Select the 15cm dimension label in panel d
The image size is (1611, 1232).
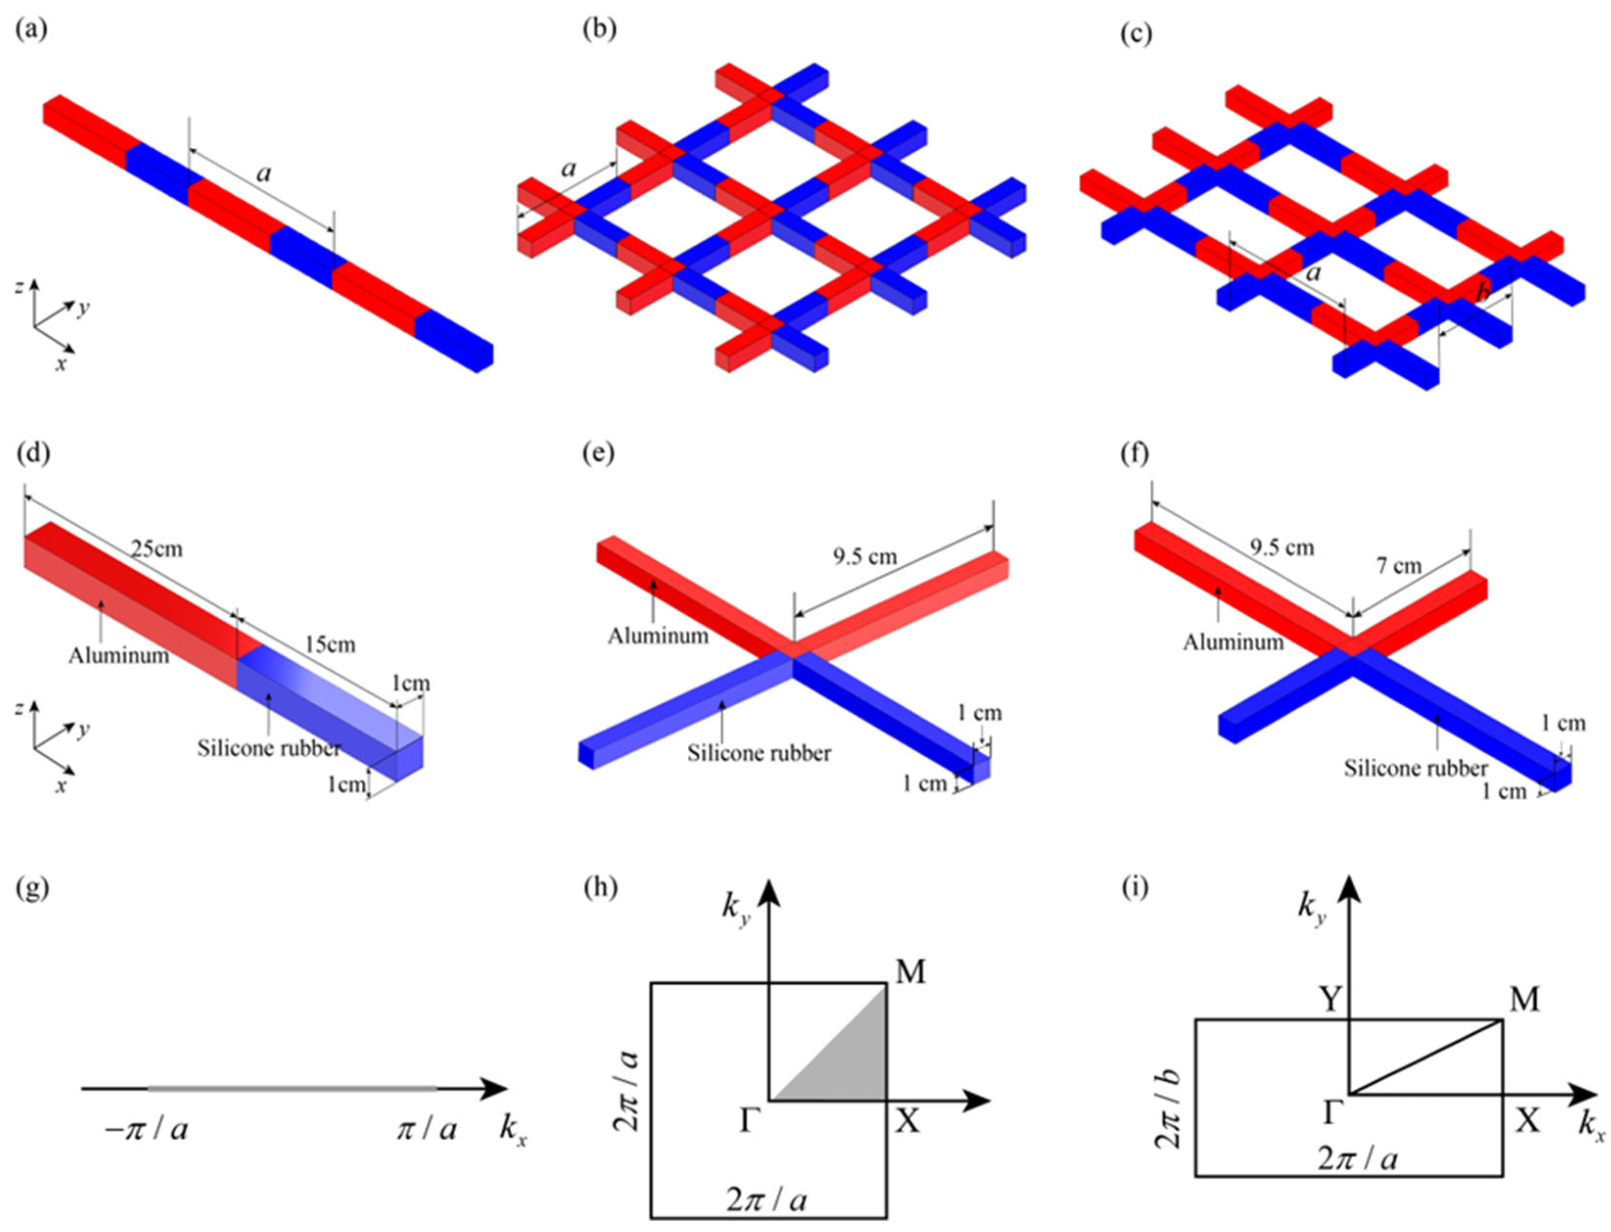click(329, 645)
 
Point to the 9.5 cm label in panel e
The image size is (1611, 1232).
click(865, 557)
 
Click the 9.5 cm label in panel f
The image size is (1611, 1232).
click(1282, 548)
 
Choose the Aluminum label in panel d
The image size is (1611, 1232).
click(119, 655)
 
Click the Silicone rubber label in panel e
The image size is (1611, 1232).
click(759, 753)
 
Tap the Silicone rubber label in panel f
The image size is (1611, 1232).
click(1415, 768)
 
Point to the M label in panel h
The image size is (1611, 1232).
click(910, 973)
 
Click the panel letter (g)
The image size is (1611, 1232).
click(32, 888)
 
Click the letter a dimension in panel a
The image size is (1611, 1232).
click(263, 173)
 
